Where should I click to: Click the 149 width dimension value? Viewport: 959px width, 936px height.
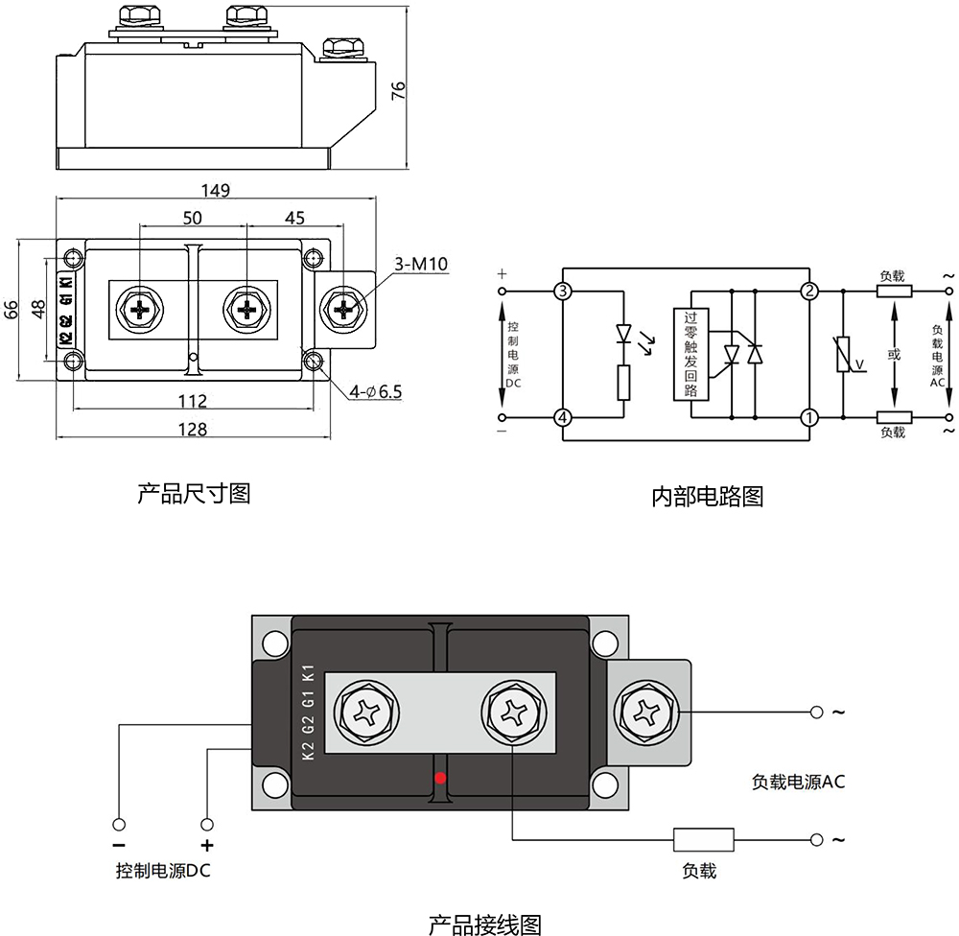tap(216, 190)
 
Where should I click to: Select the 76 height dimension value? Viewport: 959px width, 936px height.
tap(399, 90)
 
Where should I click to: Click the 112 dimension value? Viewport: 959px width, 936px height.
tap(194, 401)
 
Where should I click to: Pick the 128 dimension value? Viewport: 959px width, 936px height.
tap(194, 430)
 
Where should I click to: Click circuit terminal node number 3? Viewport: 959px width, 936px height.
tap(563, 291)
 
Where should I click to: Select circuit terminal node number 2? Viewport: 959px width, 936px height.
tap(809, 291)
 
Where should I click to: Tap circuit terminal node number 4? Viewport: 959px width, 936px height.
tap(563, 417)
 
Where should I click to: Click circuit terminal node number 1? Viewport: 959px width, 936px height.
tap(809, 417)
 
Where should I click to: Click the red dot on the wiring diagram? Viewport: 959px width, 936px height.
tap(440, 777)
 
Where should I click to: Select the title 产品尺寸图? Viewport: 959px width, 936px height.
tap(194, 493)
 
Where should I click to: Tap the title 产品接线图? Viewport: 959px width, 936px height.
tap(484, 924)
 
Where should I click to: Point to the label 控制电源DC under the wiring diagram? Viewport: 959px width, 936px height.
tap(162, 872)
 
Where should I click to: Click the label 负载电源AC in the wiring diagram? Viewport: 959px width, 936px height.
tap(798, 782)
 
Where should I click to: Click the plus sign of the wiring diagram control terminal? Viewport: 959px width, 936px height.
tap(206, 846)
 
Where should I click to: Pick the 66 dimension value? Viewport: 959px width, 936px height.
tap(12, 310)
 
